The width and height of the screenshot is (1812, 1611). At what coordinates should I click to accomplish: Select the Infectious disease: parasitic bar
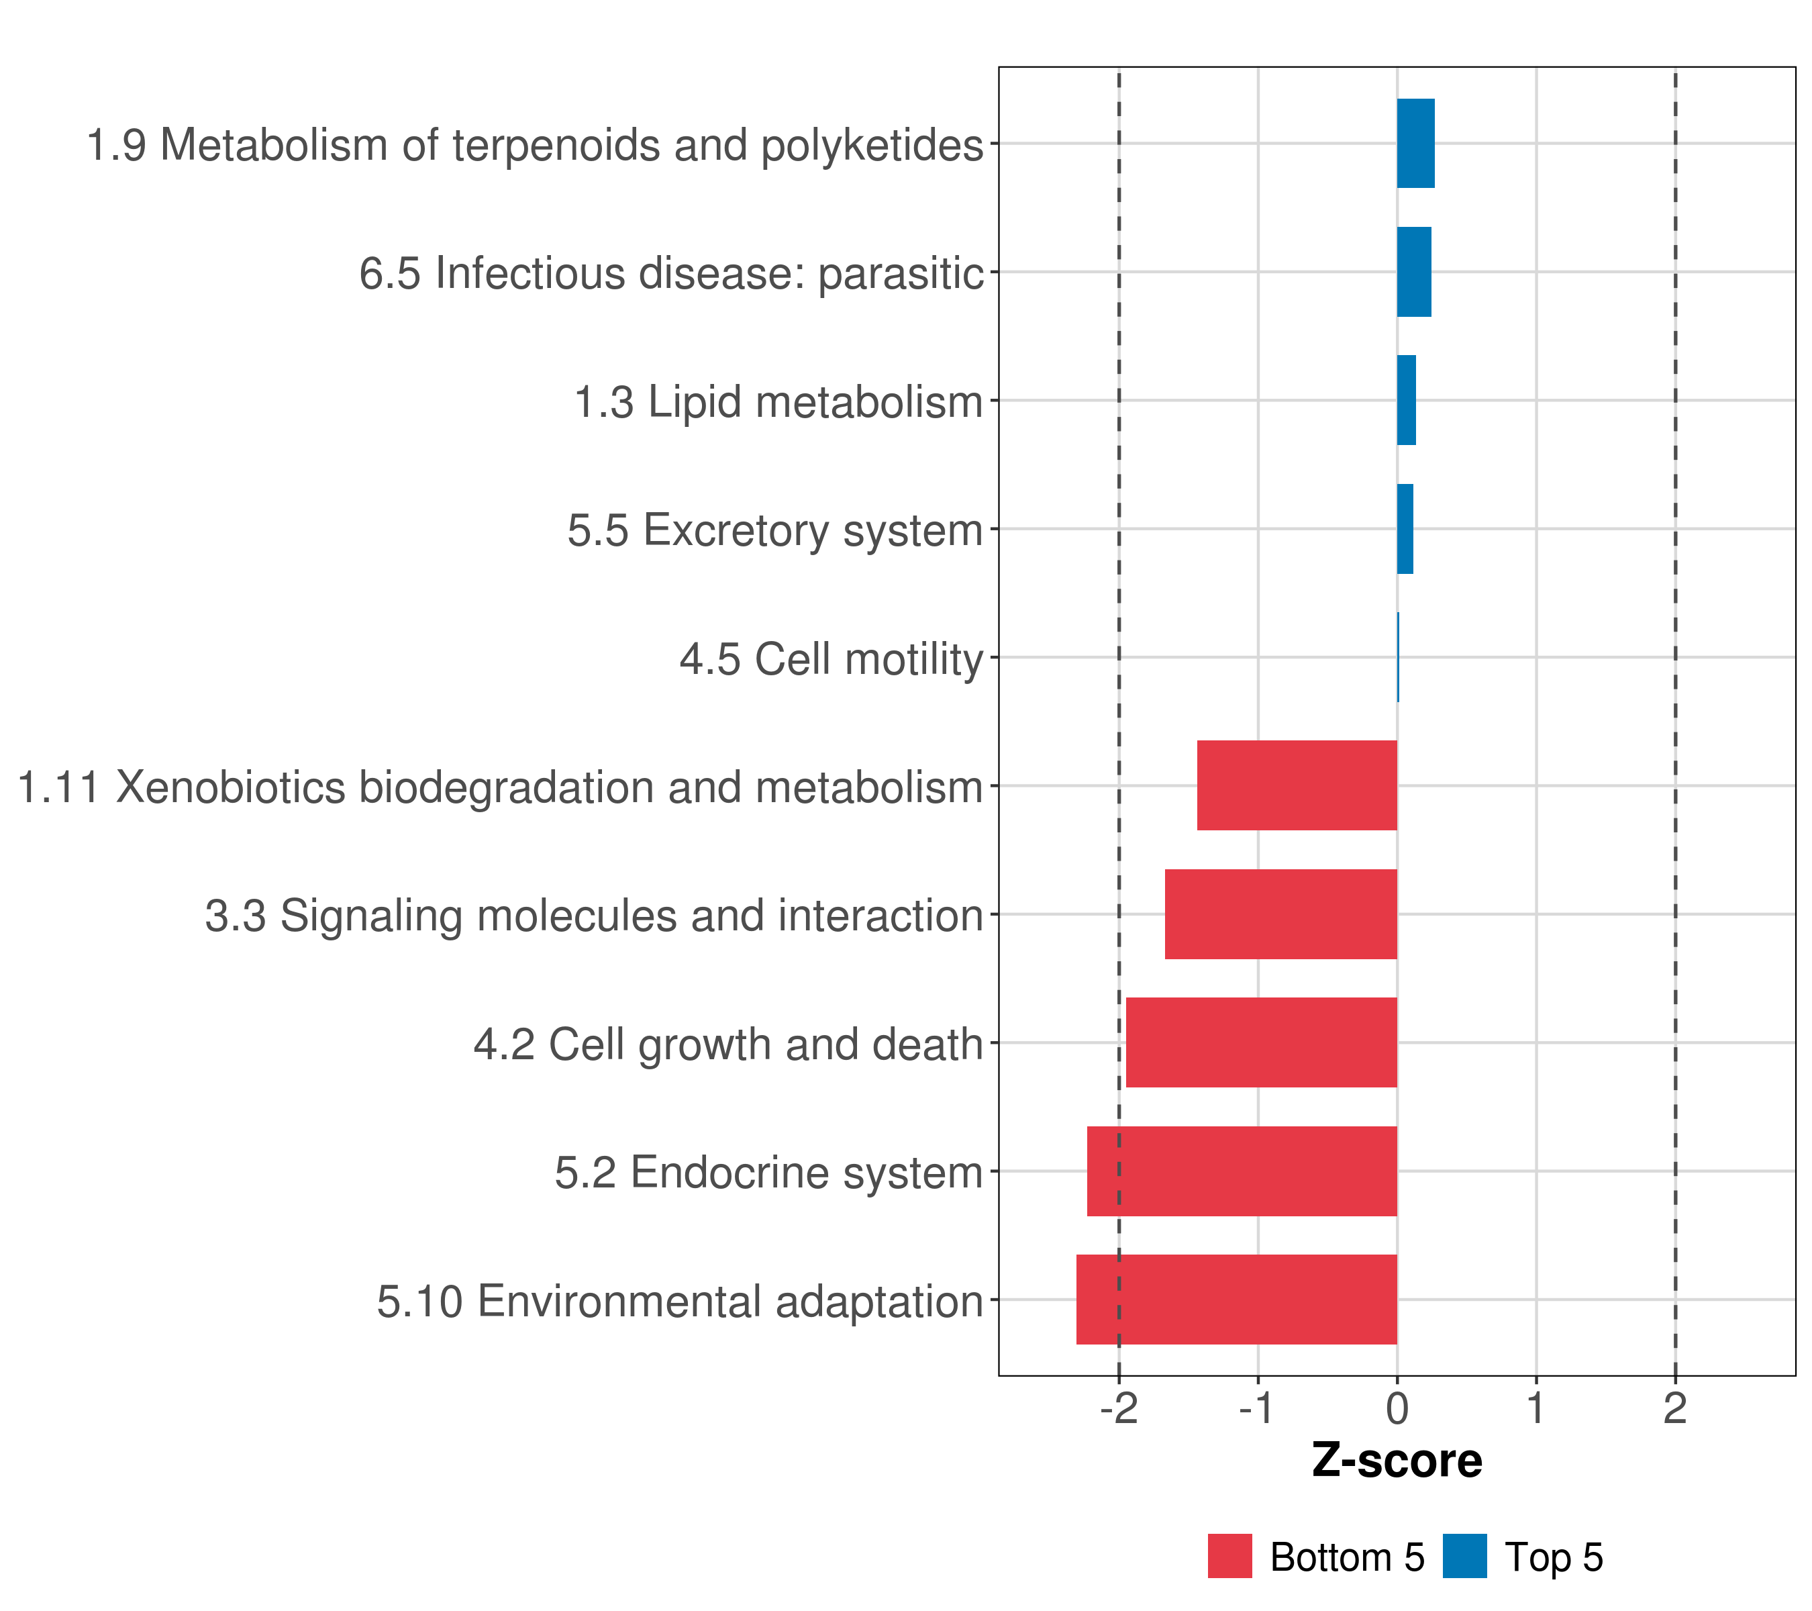pos(1413,273)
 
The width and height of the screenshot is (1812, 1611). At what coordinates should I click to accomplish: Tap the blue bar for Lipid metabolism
pos(1406,401)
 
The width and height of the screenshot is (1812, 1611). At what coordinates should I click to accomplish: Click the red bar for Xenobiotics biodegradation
pos(1297,785)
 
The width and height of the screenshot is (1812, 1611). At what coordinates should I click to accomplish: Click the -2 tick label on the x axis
pos(1118,1409)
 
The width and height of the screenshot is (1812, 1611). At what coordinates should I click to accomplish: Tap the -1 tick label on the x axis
pos(1257,1409)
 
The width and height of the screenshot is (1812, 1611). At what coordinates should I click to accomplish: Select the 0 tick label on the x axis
pos(1397,1409)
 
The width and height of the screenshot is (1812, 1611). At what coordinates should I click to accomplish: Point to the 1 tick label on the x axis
pos(1536,1409)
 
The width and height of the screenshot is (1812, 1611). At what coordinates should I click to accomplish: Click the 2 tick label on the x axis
pos(1674,1409)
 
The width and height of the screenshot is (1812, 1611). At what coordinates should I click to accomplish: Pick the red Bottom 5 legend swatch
pos(1229,1556)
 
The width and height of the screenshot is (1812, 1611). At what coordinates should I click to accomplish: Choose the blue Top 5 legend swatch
pos(1464,1556)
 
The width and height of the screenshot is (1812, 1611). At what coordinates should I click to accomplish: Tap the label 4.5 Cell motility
pos(831,660)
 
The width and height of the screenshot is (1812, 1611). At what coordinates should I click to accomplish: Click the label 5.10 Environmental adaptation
pos(680,1302)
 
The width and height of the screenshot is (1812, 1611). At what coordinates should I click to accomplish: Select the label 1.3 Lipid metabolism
pos(778,403)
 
